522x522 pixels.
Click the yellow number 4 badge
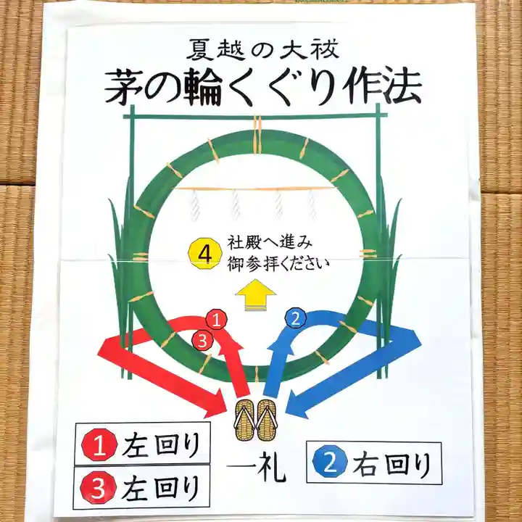point(205,254)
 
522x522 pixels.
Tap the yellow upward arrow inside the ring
point(256,295)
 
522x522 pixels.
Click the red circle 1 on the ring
point(216,319)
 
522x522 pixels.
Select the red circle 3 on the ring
point(202,340)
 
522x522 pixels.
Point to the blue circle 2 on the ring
point(296,318)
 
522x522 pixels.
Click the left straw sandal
point(246,420)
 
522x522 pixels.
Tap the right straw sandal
point(267,420)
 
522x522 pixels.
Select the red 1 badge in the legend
point(99,444)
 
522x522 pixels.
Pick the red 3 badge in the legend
point(99,488)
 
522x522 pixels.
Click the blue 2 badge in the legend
point(331,463)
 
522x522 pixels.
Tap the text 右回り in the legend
point(392,464)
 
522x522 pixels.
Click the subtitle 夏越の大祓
point(262,50)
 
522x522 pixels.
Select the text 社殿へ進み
point(270,243)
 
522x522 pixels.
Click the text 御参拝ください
point(278,265)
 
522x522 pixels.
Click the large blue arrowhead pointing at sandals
point(298,404)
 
